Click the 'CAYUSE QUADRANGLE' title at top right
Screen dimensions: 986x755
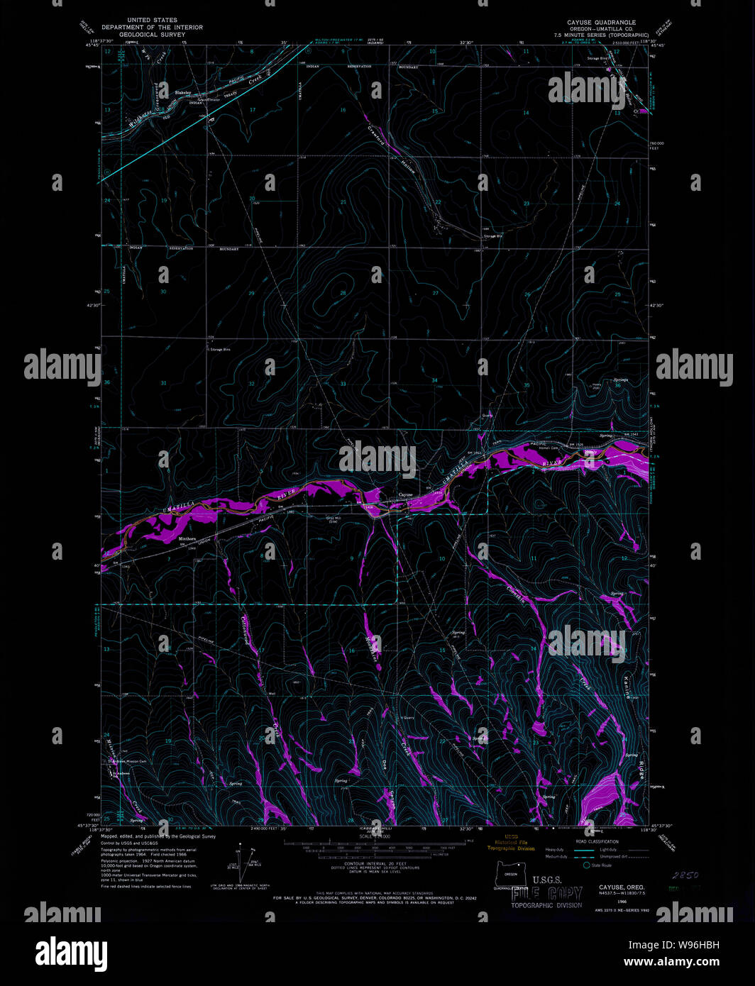601,23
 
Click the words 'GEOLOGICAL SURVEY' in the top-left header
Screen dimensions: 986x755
151,34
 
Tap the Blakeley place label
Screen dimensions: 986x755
184,93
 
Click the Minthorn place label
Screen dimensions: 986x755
187,540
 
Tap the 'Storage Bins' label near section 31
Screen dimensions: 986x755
220,350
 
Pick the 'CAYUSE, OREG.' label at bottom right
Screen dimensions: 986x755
622,887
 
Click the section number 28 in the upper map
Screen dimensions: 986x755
343,293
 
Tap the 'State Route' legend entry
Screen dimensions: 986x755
601,865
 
